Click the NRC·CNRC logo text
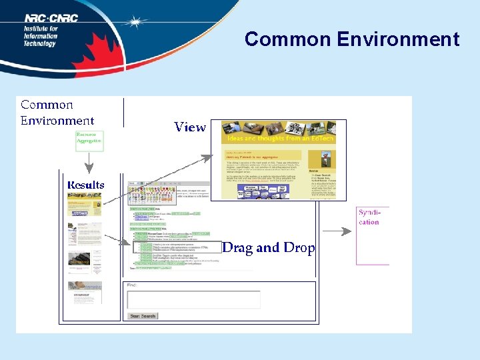coord(51,19)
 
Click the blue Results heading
coord(85,185)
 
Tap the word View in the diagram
coord(190,127)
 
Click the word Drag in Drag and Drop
coord(237,248)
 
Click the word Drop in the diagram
coord(298,248)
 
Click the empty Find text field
coord(193,299)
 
